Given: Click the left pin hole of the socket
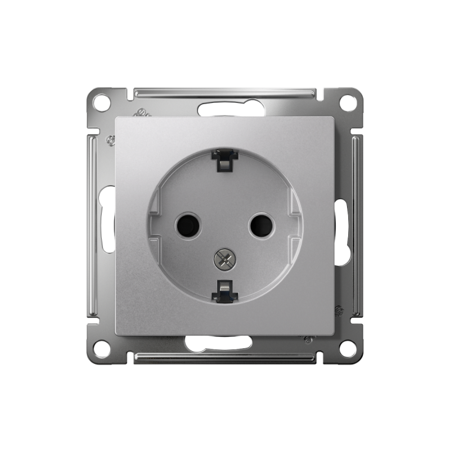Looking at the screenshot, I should pyautogui.click(x=188, y=226).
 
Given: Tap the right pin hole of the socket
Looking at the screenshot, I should pyautogui.click(x=261, y=226).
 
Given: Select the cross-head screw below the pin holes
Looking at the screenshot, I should pyautogui.click(x=224, y=259).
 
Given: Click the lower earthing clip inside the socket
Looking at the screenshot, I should pyautogui.click(x=224, y=290).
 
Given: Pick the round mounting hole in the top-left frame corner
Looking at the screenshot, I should pyautogui.click(x=101, y=103).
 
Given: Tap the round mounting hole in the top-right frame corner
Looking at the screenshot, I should pyautogui.click(x=348, y=103).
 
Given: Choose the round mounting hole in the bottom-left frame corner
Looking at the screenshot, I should pyautogui.click(x=102, y=348).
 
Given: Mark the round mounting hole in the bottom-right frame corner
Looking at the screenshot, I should pyautogui.click(x=348, y=348).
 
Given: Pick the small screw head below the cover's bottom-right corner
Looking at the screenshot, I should pyautogui.click(x=309, y=340).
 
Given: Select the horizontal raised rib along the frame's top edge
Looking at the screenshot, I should pyautogui.click(x=225, y=92).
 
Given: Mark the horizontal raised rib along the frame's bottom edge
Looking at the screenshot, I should pyautogui.click(x=225, y=358).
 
